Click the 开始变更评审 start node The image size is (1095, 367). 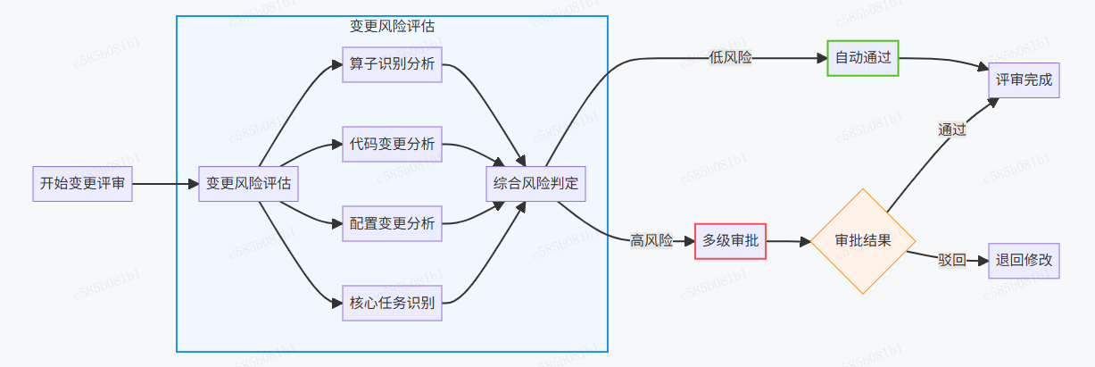click(x=82, y=184)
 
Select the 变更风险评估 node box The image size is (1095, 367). click(x=248, y=184)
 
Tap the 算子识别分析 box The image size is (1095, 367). click(x=392, y=65)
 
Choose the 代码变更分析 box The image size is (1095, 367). click(x=392, y=145)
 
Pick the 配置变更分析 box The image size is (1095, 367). click(x=392, y=223)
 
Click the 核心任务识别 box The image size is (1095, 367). click(x=392, y=303)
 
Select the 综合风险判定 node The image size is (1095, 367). click(x=535, y=184)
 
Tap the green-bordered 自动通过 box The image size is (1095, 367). click(x=862, y=58)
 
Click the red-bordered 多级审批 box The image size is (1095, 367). click(x=730, y=240)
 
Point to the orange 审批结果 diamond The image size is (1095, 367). click(x=862, y=240)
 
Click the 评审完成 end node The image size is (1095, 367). click(x=1024, y=80)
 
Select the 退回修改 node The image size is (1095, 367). click(x=1024, y=261)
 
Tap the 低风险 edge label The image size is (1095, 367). click(x=730, y=58)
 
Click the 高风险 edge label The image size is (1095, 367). click(x=651, y=240)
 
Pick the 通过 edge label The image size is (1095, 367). click(x=952, y=129)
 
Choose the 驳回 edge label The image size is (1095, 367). click(x=951, y=261)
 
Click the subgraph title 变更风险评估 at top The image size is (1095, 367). click(x=392, y=26)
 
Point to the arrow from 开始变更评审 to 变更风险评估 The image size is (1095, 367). click(x=165, y=184)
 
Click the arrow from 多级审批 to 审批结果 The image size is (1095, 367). click(x=787, y=240)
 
